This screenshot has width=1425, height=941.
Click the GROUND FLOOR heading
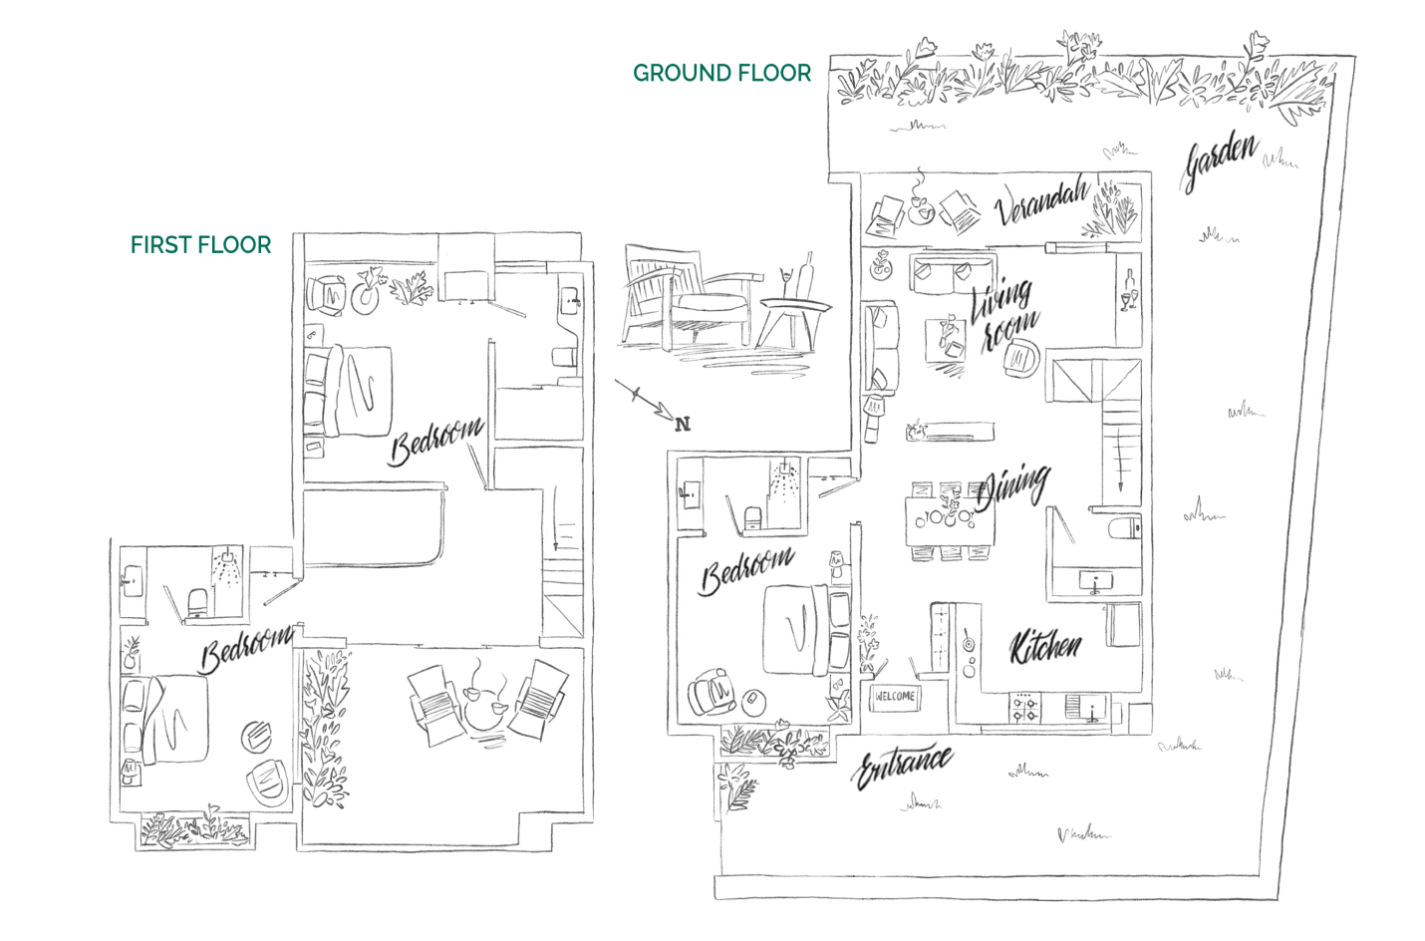coord(721,73)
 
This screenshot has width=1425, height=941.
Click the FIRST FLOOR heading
coord(200,245)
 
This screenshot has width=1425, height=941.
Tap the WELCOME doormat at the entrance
coord(894,697)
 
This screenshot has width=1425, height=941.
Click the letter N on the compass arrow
coord(683,425)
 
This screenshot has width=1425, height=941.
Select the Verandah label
coord(1040,202)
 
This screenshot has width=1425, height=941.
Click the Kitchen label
coord(1044,647)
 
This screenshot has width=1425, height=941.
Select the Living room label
coord(1004,312)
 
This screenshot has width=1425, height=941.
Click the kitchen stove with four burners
coord(1025,708)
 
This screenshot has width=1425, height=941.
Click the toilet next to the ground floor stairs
coord(1126,528)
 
